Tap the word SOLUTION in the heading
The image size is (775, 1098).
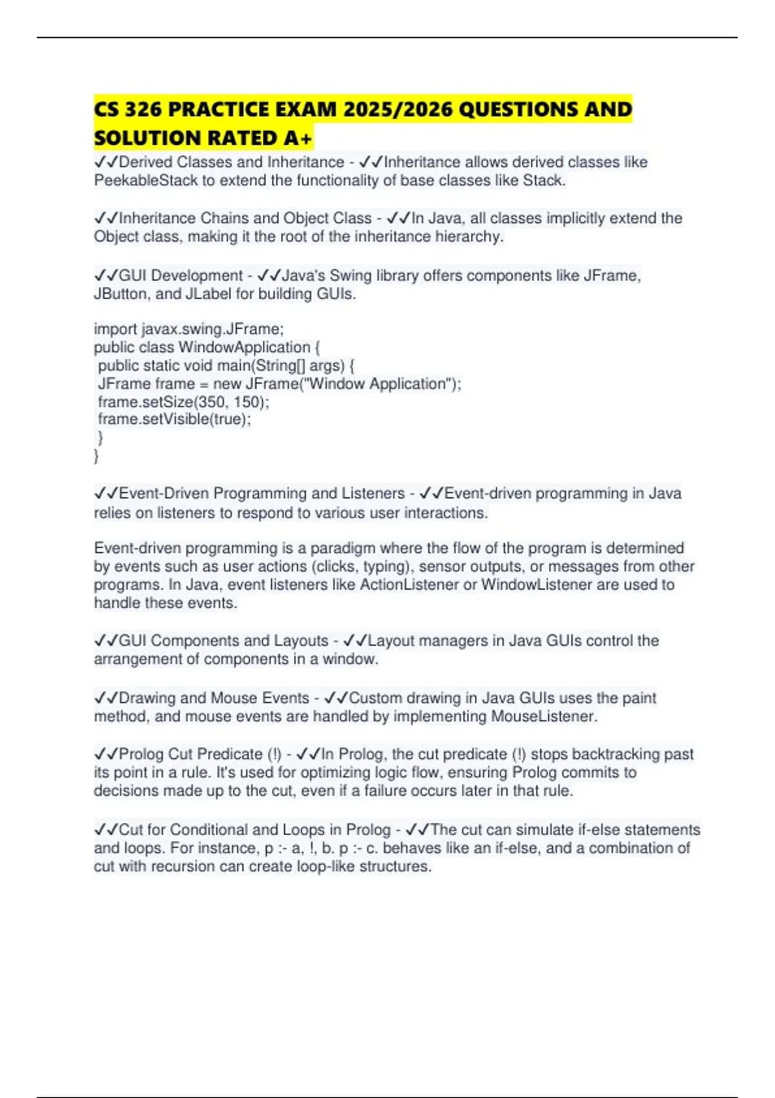click(146, 138)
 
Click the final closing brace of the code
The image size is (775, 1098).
click(96, 457)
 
